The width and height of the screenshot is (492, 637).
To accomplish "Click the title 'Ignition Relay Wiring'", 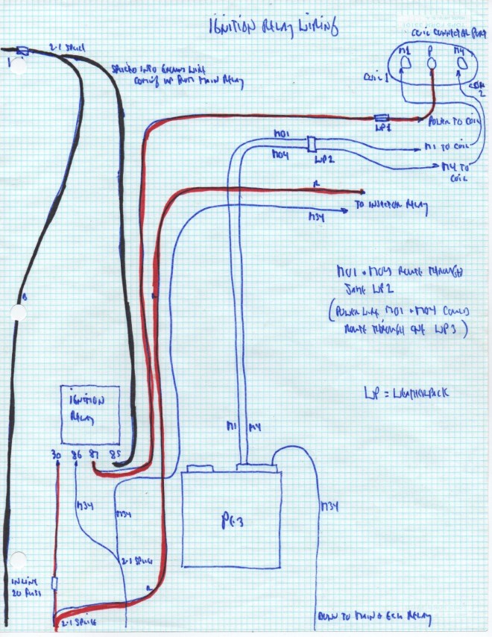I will pos(273,28).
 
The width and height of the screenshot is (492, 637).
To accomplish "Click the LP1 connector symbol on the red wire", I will pos(382,118).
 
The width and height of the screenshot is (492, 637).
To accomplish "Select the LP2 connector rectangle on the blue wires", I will pos(309,143).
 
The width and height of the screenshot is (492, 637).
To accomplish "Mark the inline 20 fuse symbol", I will pos(55,582).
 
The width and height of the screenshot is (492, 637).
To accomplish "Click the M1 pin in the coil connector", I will pos(406,66).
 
